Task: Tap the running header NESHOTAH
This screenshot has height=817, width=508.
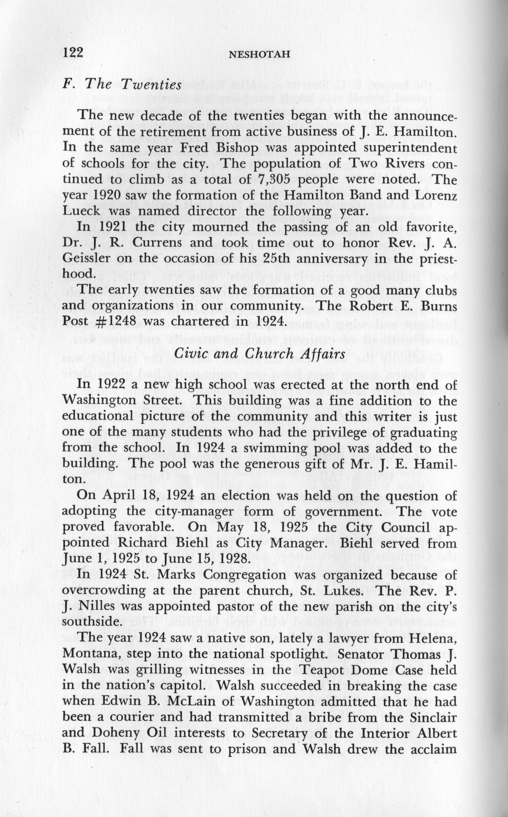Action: pos(259,54)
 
